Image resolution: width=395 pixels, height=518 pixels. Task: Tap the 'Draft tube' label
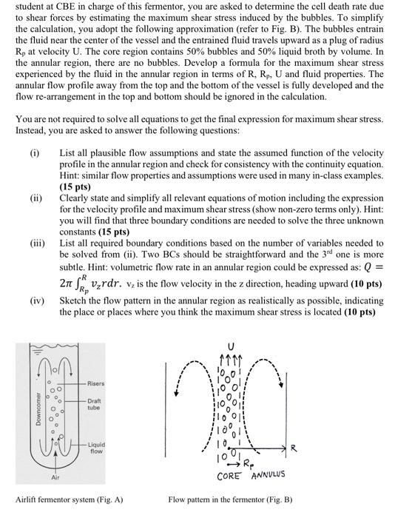tap(94, 404)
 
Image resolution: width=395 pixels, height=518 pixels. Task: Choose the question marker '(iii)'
tap(36, 241)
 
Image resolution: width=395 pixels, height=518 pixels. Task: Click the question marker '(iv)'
tap(36, 301)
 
